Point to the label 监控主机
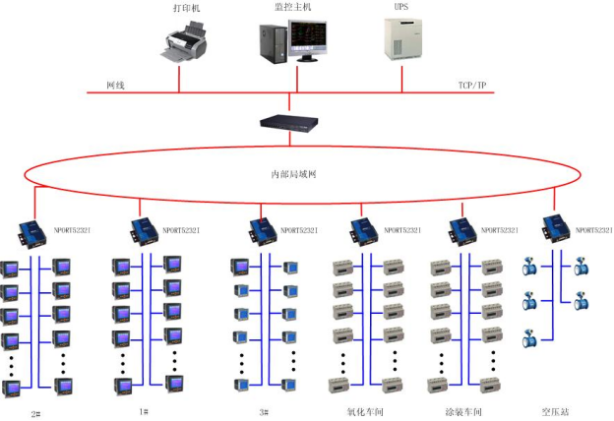292,7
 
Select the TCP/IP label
471,86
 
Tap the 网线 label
115,86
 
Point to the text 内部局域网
292,174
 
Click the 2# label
36,412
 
